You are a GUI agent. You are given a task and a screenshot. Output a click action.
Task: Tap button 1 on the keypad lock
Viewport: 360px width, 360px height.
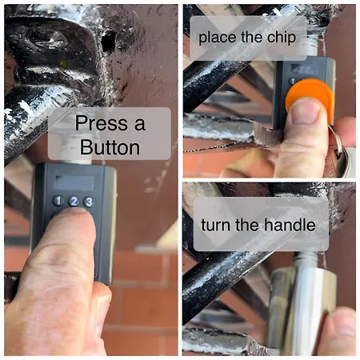[x=58, y=201]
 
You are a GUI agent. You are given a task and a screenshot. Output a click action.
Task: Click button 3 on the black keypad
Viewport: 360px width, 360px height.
[x=88, y=202]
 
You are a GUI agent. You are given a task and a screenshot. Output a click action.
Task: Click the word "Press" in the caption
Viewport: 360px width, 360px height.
[x=102, y=123]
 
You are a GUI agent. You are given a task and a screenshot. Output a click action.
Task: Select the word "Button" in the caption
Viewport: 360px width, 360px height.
[x=110, y=147]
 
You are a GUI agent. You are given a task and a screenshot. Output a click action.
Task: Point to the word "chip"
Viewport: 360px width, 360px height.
[x=282, y=38]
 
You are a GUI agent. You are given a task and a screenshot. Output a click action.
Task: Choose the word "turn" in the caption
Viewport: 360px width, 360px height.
[x=216, y=226]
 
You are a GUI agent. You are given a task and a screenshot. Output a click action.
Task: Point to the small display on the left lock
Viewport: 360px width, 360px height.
[x=74, y=182]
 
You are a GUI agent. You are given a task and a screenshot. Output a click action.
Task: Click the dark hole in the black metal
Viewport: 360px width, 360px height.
[x=108, y=41]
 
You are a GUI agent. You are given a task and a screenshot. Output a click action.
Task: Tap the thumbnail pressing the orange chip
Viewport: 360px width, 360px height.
[x=306, y=112]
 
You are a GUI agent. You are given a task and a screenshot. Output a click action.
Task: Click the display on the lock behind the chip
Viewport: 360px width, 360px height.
[x=303, y=70]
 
